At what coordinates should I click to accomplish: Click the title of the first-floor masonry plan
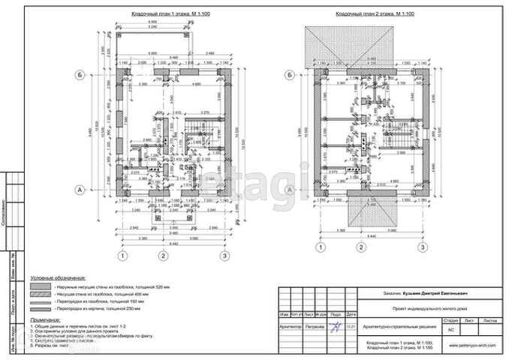click(161, 14)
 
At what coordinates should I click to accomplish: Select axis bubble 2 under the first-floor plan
click(161, 255)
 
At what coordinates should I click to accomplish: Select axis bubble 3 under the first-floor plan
click(224, 255)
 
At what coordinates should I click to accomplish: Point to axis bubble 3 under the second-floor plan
click(423, 247)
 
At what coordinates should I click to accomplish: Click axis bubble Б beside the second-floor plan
click(290, 74)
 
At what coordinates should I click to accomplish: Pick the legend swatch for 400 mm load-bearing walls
click(38, 295)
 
